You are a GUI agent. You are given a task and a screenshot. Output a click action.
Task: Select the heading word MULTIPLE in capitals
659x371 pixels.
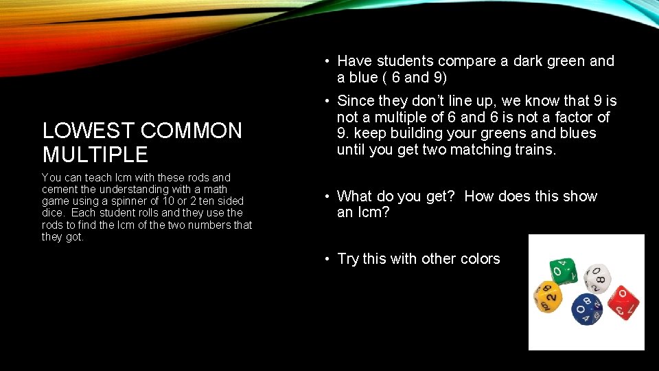[95, 154]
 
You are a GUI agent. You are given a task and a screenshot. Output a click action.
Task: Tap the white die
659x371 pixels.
[597, 278]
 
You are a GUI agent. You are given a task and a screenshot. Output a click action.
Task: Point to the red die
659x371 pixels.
[623, 302]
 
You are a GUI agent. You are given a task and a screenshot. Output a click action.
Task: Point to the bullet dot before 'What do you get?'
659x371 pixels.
[328, 196]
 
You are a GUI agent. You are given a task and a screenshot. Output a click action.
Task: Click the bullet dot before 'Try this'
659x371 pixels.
[328, 259]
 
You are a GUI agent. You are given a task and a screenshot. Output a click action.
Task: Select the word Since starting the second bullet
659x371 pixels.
[358, 101]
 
